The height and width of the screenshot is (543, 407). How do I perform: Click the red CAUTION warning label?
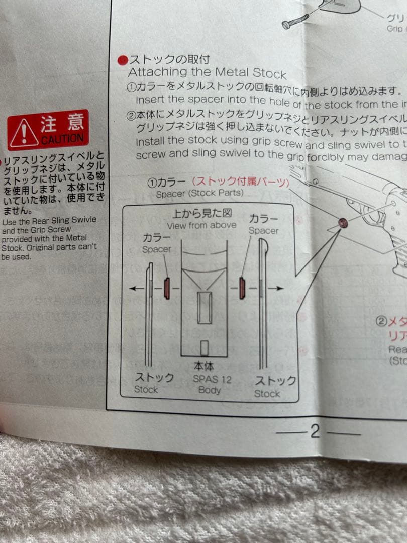click(48, 130)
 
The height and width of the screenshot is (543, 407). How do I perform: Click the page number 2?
click(315, 431)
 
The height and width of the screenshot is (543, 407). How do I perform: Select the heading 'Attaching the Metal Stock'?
click(207, 72)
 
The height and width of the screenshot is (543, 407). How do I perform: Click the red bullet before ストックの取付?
click(123, 61)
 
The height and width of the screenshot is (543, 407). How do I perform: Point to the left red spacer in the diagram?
click(167, 288)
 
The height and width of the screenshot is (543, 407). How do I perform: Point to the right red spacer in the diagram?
click(242, 288)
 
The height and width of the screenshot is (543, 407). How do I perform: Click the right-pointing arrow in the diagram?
click(273, 288)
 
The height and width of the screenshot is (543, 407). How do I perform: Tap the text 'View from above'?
click(201, 226)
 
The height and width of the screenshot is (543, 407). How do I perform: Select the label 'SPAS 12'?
click(213, 379)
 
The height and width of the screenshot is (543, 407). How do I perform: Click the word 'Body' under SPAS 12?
click(210, 390)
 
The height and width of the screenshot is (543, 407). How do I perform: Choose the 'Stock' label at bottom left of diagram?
click(146, 390)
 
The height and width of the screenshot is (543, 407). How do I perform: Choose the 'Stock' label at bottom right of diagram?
click(267, 394)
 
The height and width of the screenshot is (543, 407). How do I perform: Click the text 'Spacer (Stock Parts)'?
click(199, 193)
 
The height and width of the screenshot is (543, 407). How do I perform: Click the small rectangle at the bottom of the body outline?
click(205, 348)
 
